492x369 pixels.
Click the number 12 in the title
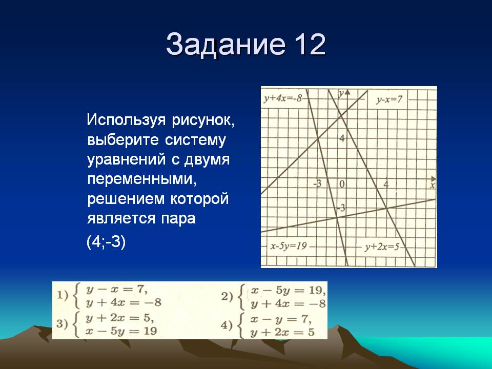(310, 44)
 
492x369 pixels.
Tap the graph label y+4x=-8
(283, 98)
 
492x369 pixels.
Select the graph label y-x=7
(389, 99)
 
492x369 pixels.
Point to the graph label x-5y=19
(289, 245)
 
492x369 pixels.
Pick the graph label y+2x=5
(382, 247)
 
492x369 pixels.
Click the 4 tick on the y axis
(342, 138)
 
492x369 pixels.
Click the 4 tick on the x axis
(386, 184)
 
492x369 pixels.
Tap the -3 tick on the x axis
(318, 183)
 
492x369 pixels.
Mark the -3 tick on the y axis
(341, 208)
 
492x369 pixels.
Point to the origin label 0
(342, 183)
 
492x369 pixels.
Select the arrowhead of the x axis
(434, 178)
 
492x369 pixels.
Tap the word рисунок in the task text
(203, 120)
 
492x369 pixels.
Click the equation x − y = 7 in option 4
(281, 319)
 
